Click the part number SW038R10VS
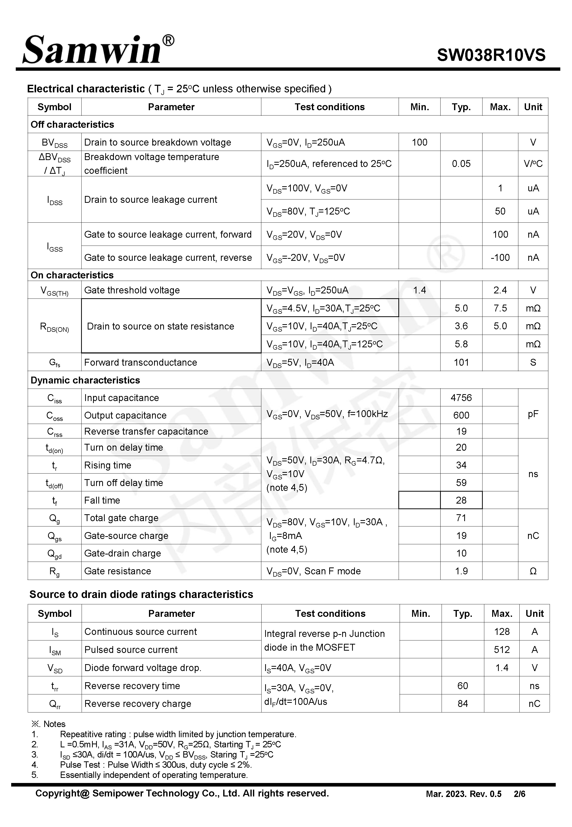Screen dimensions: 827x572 [491, 55]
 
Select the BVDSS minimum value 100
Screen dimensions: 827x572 [419, 142]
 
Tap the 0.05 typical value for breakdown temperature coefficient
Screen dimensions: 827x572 [461, 164]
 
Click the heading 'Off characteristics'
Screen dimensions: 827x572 [72, 124]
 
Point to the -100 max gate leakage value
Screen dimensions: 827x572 [500, 258]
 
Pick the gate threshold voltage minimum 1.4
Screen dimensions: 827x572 [419, 290]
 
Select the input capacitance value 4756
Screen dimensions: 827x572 [461, 398]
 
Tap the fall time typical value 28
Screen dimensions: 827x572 [461, 500]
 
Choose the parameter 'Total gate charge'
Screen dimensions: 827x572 [121, 518]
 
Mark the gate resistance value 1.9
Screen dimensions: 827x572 [461, 571]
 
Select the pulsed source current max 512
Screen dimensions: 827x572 [502, 649]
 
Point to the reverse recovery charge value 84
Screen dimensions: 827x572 [462, 704]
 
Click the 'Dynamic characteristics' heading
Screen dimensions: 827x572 [85, 380]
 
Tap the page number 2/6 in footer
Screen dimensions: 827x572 [519, 794]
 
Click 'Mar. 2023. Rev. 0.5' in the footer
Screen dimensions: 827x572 [463, 794]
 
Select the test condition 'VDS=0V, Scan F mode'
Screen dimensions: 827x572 [313, 571]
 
